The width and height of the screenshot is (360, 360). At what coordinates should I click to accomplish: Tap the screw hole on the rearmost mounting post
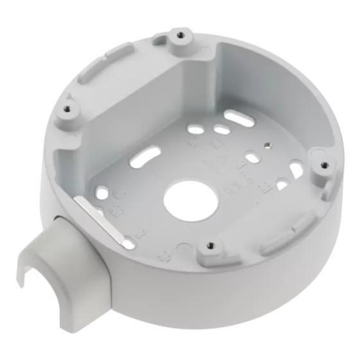click(182, 35)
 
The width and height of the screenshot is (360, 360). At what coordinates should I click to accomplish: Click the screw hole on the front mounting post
click(208, 246)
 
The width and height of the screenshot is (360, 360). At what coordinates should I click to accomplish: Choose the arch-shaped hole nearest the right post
click(296, 169)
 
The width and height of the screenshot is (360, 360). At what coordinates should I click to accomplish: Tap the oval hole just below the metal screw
click(252, 158)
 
